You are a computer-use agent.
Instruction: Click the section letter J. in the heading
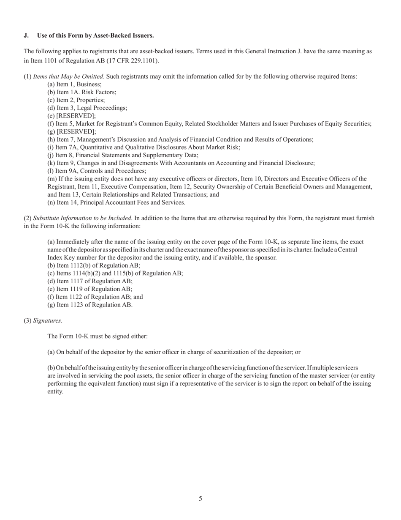pyautogui.click(x=26, y=36)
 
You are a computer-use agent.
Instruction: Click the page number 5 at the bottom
pyautogui.click(x=200, y=498)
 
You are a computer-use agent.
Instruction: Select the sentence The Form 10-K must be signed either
pyautogui.click(x=98, y=337)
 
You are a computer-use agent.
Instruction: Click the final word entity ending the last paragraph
pyautogui.click(x=55, y=391)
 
